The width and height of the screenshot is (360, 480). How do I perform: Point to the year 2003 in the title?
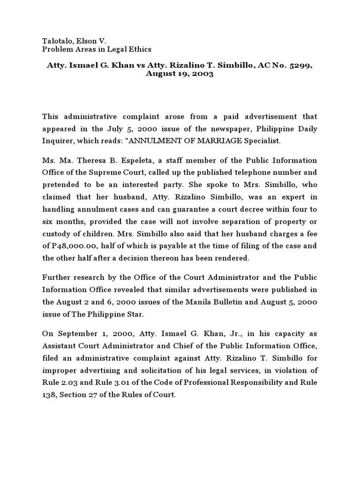tap(203, 74)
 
